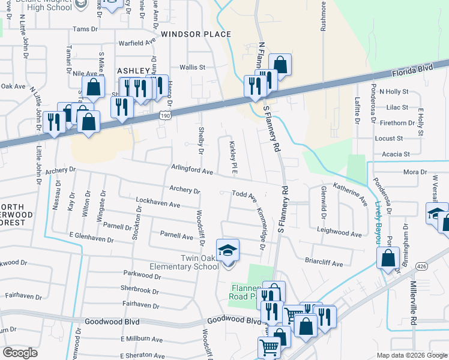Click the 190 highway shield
[164, 114]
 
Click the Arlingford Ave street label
[192, 171]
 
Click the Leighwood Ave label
[339, 232]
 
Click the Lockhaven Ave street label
[158, 205]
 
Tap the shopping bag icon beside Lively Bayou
[388, 259]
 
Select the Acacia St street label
[398, 154]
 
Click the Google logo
[20, 353]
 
